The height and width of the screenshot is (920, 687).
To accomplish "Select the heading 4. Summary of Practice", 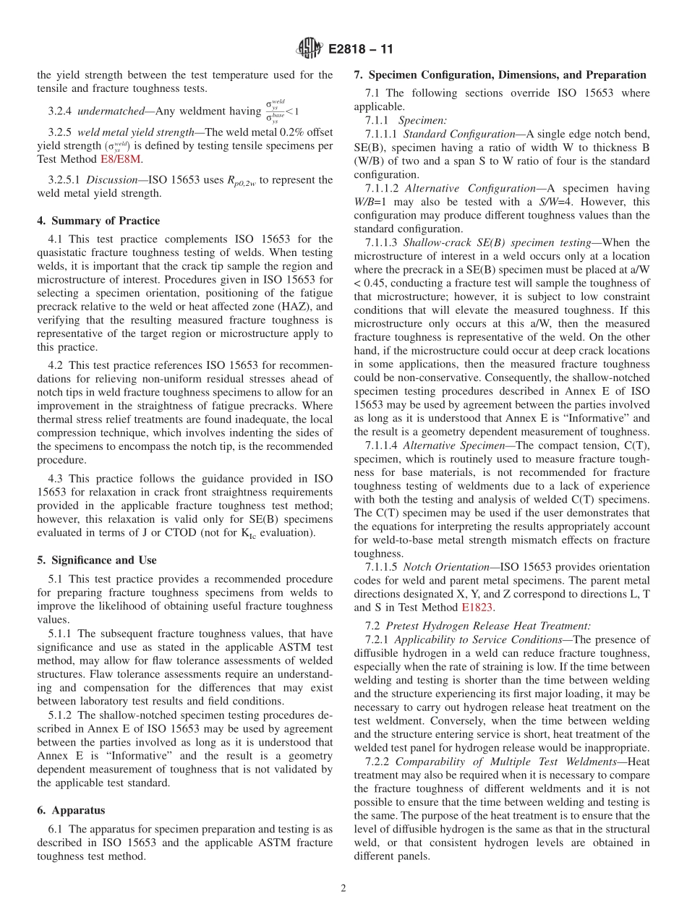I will click(x=99, y=221).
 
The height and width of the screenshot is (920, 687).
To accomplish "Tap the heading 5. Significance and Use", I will click(x=96, y=560).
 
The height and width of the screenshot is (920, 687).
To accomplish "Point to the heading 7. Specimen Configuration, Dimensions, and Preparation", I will click(x=500, y=74).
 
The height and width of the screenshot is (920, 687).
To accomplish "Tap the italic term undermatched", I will click(x=111, y=111).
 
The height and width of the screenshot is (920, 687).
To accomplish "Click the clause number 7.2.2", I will click(x=377, y=761).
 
